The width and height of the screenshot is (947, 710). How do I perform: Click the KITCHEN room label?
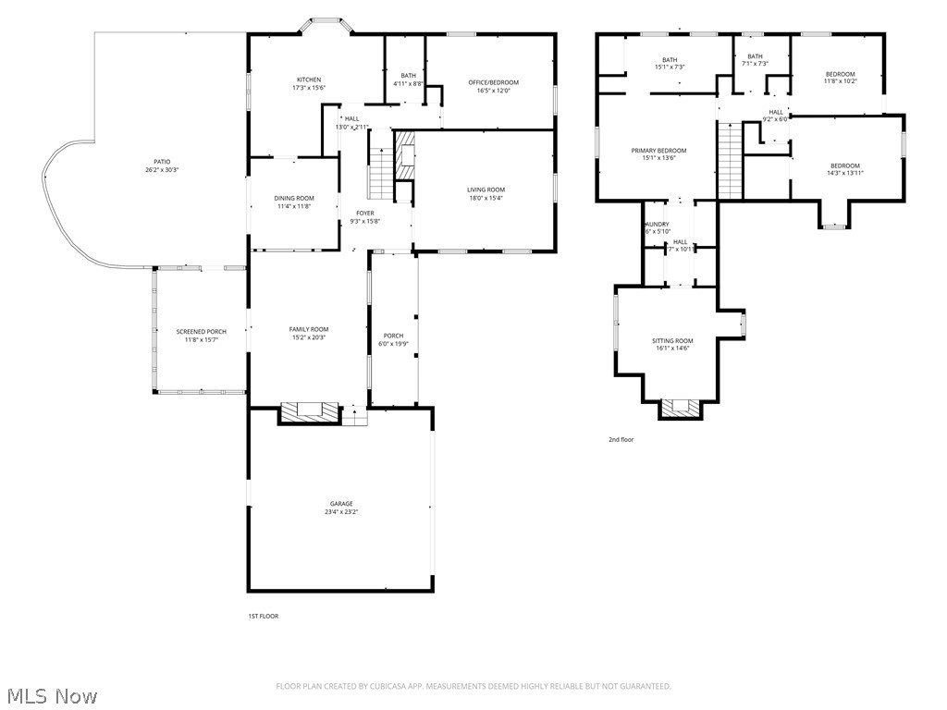pyautogui.click(x=309, y=80)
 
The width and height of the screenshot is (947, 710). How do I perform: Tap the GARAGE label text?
pyautogui.click(x=339, y=504)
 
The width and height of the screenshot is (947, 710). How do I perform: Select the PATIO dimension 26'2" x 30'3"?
pyautogui.click(x=162, y=170)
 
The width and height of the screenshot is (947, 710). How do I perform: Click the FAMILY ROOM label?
pyautogui.click(x=309, y=329)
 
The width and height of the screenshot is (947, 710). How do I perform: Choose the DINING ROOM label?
pyautogui.click(x=294, y=198)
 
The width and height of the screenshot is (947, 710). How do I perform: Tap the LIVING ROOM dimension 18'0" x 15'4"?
pyautogui.click(x=486, y=198)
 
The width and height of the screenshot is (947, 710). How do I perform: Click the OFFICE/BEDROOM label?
pyautogui.click(x=493, y=82)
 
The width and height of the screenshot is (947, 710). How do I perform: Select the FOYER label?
pyautogui.click(x=364, y=213)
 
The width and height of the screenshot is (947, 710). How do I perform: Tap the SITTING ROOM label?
pyautogui.click(x=672, y=340)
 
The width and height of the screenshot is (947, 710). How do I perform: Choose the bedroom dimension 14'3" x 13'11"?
pyautogui.click(x=844, y=173)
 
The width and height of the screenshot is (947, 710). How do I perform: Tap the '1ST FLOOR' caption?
pyautogui.click(x=264, y=616)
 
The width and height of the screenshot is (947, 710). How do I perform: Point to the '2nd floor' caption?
pyautogui.click(x=621, y=440)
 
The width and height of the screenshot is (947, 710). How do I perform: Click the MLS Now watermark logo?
pyautogui.click(x=51, y=695)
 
